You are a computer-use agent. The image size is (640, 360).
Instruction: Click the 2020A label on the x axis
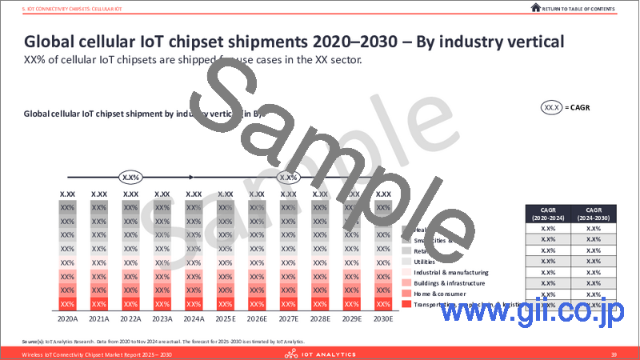[x=67, y=318]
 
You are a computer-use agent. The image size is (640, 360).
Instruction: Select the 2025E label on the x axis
[x=225, y=318]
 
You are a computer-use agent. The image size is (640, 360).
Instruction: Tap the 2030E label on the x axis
[x=383, y=318]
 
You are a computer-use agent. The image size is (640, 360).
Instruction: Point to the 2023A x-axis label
[x=162, y=318]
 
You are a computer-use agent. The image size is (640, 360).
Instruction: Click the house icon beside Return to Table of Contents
[x=535, y=7]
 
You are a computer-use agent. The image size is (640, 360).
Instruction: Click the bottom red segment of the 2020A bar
[x=67, y=304]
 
